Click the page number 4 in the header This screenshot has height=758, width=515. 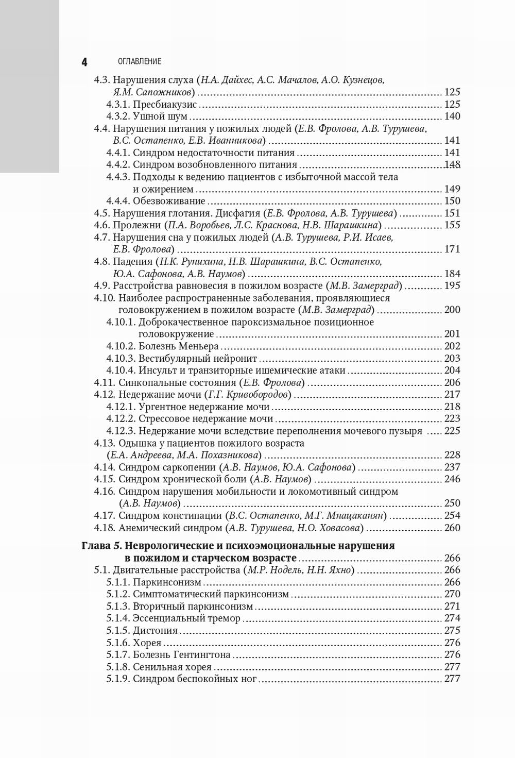[x=84, y=62]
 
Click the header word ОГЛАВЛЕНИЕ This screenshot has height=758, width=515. [x=140, y=61]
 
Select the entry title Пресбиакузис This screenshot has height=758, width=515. [x=164, y=104]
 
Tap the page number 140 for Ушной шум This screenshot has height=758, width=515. [x=452, y=116]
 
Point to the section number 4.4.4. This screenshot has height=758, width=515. [x=118, y=201]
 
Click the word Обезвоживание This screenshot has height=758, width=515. [x=169, y=201]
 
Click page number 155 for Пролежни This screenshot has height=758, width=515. [x=452, y=225]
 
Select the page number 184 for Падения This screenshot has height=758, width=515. [x=452, y=274]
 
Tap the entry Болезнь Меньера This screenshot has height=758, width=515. [x=179, y=346]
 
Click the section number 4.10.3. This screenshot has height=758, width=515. [x=121, y=358]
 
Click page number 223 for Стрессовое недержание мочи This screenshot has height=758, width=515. [x=452, y=419]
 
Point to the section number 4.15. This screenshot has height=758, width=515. [x=105, y=479]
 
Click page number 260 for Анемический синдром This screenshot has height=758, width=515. [x=452, y=528]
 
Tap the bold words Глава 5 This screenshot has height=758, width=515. [x=101, y=546]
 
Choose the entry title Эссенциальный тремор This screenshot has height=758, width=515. [x=186, y=618]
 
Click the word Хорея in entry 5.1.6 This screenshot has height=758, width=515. [x=147, y=643]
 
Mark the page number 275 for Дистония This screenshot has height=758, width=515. [x=452, y=630]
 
